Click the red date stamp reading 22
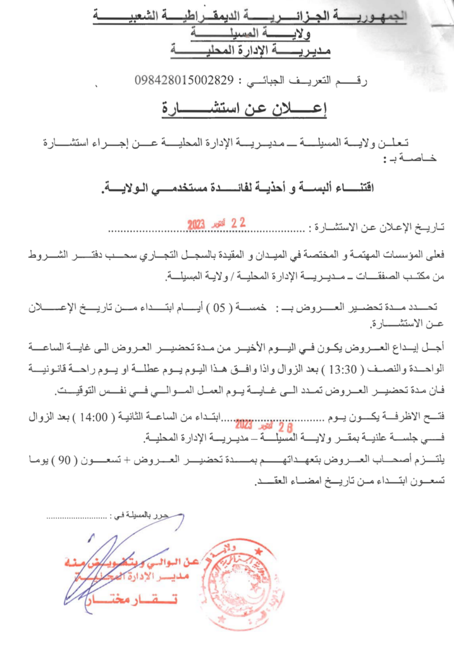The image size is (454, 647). [216, 224]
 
